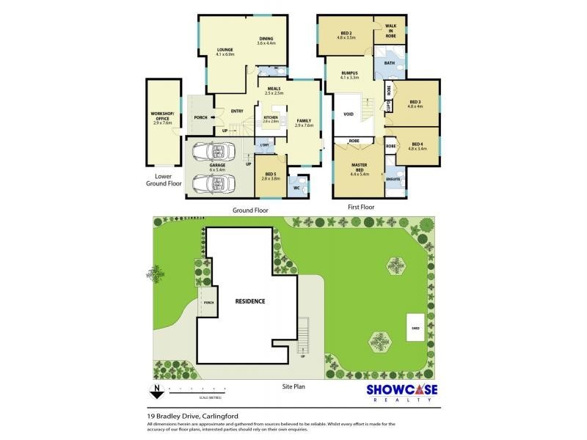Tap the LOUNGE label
[x=225, y=51]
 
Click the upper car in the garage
[x=214, y=152]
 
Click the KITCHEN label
[x=271, y=118]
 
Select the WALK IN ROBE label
[x=390, y=30]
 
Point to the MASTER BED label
[x=360, y=168]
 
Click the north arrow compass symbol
[x=156, y=390]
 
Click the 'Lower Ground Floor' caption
[x=163, y=180]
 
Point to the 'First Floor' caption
[x=360, y=208]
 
